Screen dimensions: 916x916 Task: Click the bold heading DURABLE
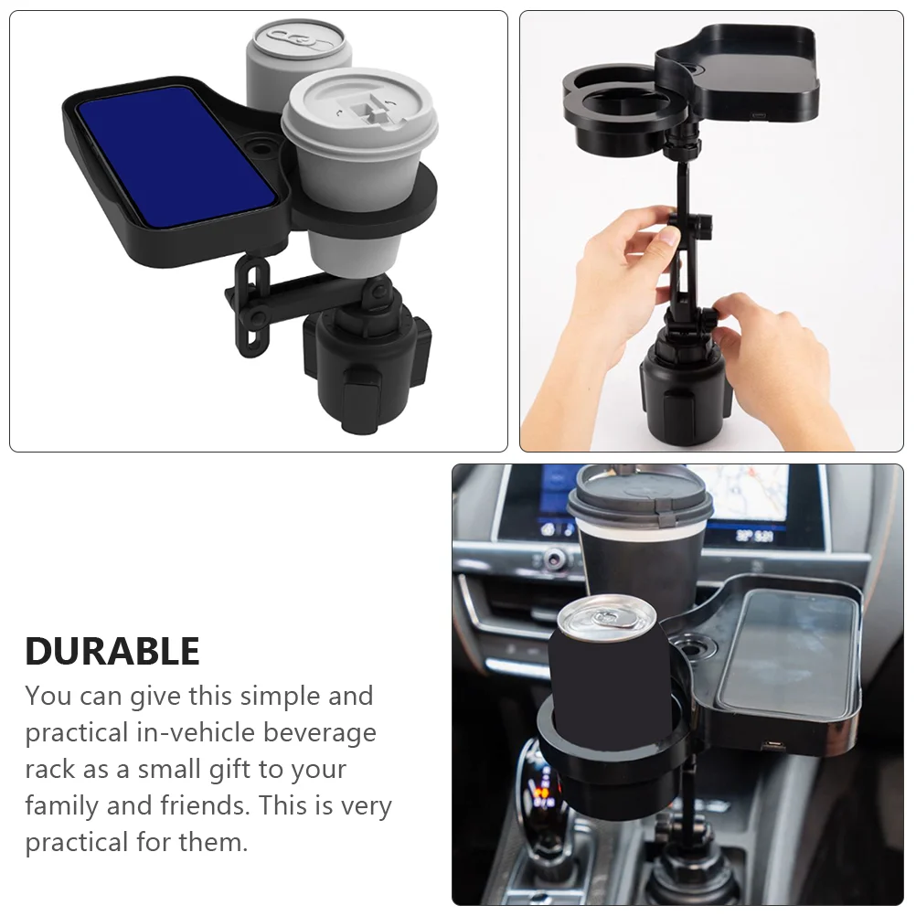112,651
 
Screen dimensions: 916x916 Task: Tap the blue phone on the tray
176,154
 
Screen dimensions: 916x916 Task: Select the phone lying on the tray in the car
788,652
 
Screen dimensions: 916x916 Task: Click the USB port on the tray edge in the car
773,746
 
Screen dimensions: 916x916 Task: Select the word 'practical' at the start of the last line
77,842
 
